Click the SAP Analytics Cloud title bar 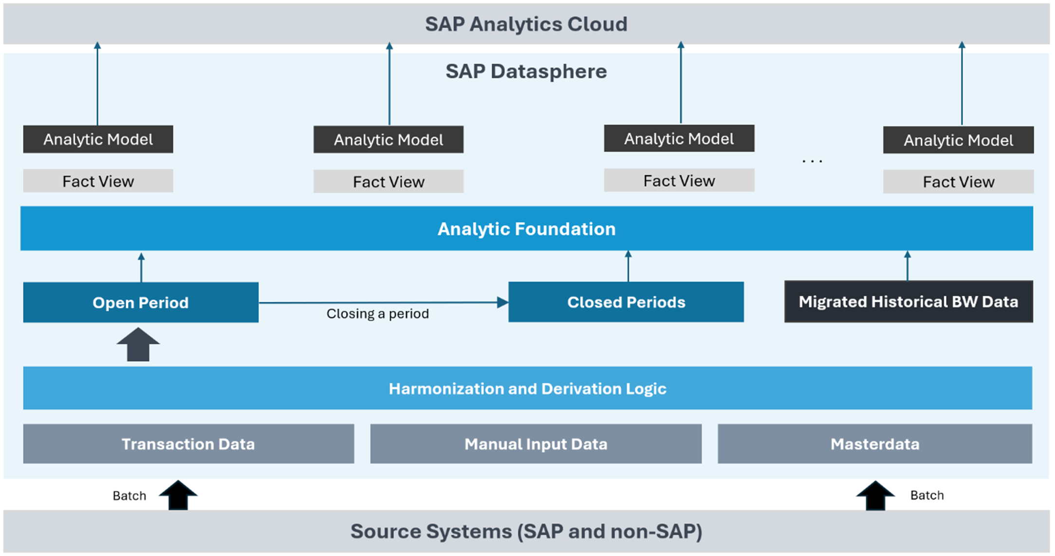[x=526, y=24]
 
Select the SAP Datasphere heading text [x=526, y=72]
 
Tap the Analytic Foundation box [x=526, y=228]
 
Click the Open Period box [x=141, y=302]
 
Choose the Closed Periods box [x=626, y=302]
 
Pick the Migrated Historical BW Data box [x=908, y=301]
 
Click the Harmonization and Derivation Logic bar [x=527, y=388]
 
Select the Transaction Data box [x=188, y=444]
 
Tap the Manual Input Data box [x=536, y=444]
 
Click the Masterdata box [x=875, y=444]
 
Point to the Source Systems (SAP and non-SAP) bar [x=526, y=531]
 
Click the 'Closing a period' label [x=377, y=314]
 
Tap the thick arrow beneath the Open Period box [x=138, y=345]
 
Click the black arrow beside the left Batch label [x=179, y=495]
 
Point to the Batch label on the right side [x=927, y=495]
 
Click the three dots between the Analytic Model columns [x=812, y=161]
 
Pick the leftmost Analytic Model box [x=98, y=139]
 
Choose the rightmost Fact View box [x=958, y=182]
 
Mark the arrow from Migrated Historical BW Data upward [x=907, y=266]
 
